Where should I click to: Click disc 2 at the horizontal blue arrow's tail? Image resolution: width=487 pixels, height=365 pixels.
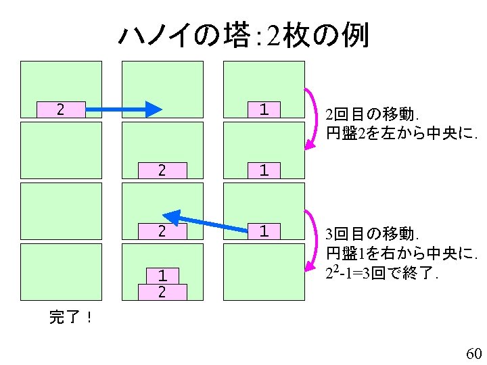[x=61, y=109]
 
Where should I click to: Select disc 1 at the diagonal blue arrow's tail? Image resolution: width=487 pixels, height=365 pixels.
[x=264, y=231]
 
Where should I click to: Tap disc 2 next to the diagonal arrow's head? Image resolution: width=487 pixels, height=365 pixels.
[x=162, y=231]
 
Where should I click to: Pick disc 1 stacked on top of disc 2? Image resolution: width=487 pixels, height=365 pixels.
[x=162, y=276]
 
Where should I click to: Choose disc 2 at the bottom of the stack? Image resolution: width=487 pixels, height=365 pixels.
[x=162, y=291]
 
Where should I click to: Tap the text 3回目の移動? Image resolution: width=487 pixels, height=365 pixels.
[x=373, y=235]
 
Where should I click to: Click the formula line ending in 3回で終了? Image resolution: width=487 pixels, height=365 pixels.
[x=383, y=274]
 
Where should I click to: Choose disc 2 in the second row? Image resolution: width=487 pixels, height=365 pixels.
[x=162, y=170]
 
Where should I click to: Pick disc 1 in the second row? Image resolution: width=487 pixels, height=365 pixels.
[x=264, y=170]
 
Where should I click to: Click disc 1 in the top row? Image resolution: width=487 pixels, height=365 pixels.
[x=264, y=109]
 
